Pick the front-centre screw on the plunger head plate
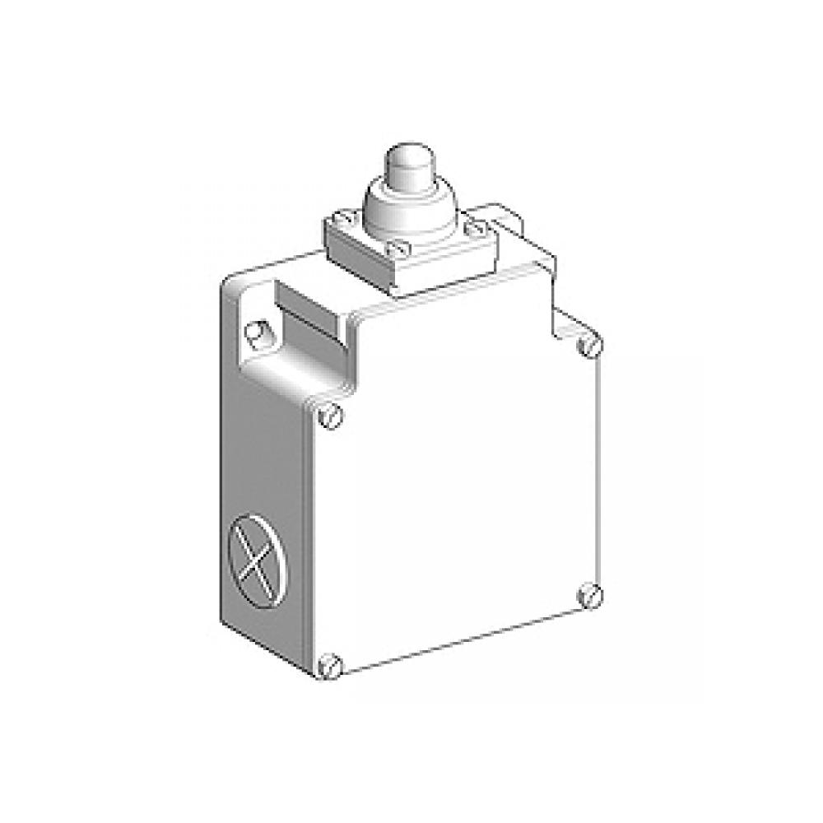pos(400,247)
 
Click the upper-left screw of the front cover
pos(330,416)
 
